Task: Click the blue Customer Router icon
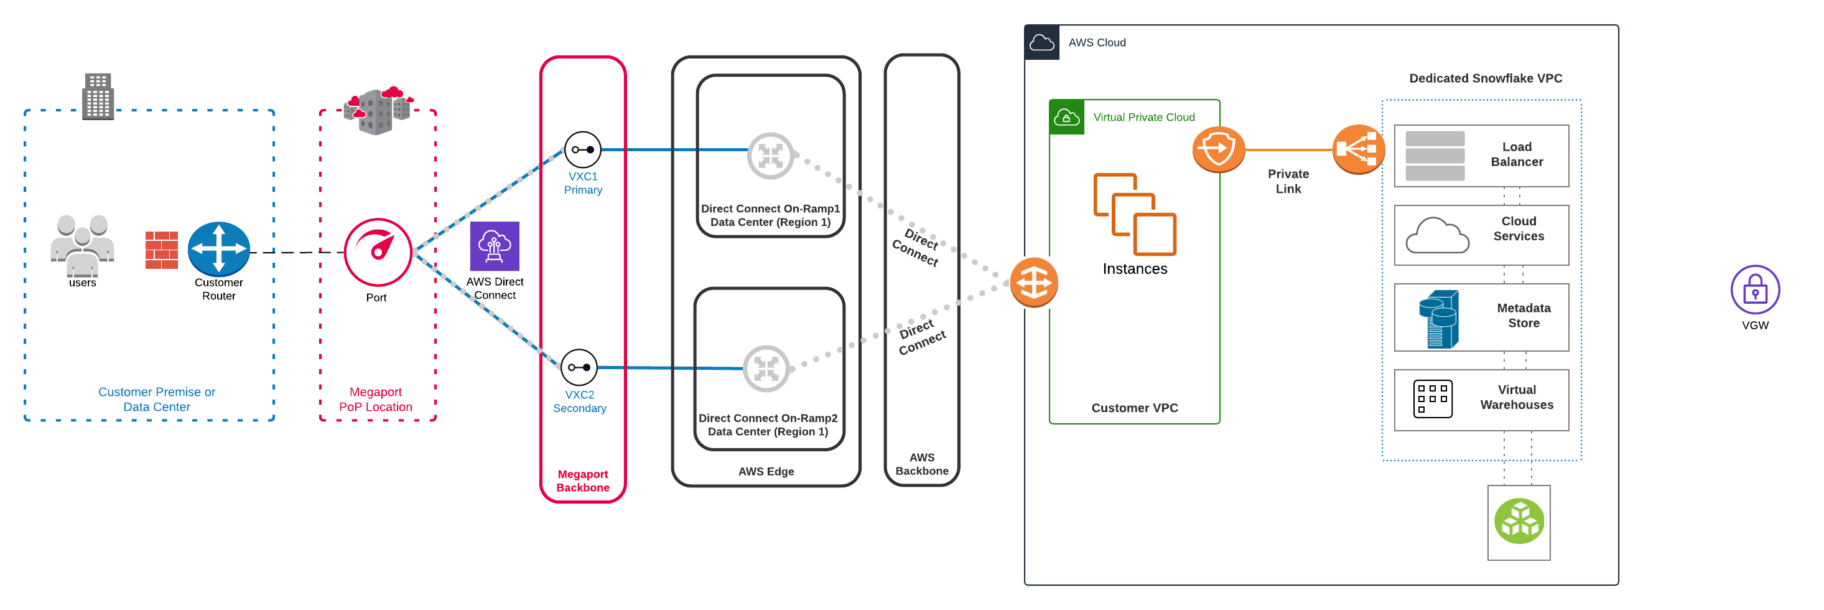pyautogui.click(x=219, y=249)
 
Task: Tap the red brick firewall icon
pyautogui.click(x=162, y=250)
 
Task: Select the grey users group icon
pyautogui.click(x=82, y=245)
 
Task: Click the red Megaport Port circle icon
pyautogui.click(x=378, y=252)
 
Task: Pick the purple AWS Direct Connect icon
pyautogui.click(x=494, y=246)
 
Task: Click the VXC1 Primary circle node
pyautogui.click(x=583, y=149)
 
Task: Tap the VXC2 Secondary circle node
pyautogui.click(x=579, y=367)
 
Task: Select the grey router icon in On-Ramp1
pyautogui.click(x=770, y=155)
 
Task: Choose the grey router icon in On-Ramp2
pyautogui.click(x=766, y=368)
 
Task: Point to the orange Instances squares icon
pyautogui.click(x=1134, y=214)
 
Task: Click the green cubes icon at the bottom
pyautogui.click(x=1519, y=522)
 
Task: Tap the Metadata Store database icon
pyautogui.click(x=1438, y=319)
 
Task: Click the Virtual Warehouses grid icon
pyautogui.click(x=1433, y=399)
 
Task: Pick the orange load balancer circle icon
pyautogui.click(x=1357, y=149)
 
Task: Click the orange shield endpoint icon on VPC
pyautogui.click(x=1218, y=149)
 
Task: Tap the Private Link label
pyautogui.click(x=1288, y=181)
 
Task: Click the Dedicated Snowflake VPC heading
pyautogui.click(x=1485, y=78)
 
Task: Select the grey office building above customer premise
pyautogui.click(x=98, y=96)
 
